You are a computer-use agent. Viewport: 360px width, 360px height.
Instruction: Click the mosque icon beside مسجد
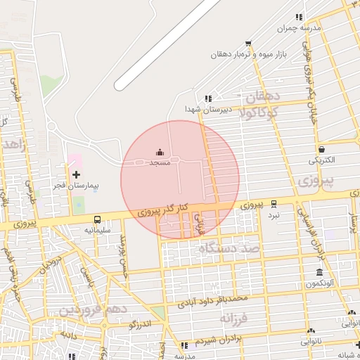(x=160, y=153)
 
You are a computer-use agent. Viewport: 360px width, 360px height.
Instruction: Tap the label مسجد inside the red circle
(x=160, y=162)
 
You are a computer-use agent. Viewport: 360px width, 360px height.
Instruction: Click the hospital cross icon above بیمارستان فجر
(x=76, y=174)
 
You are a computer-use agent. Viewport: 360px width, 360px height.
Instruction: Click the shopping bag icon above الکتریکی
(x=322, y=149)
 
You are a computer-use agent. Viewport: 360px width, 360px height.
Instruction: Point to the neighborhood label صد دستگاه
(x=229, y=248)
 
